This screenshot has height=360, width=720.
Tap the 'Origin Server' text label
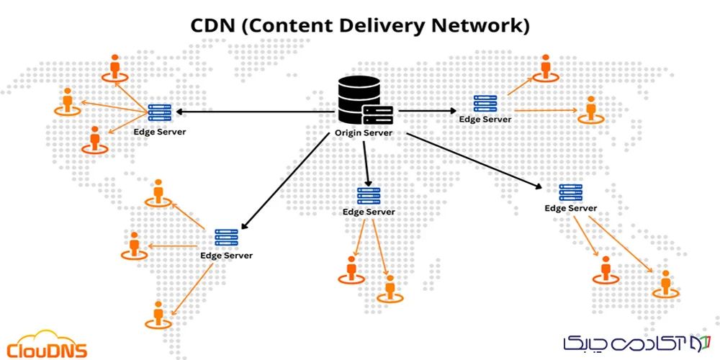click(x=364, y=134)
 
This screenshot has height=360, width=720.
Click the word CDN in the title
click(x=215, y=26)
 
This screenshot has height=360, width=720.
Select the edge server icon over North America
click(x=159, y=112)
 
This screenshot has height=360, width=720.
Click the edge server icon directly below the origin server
click(x=369, y=195)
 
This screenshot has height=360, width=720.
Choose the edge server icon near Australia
click(x=571, y=192)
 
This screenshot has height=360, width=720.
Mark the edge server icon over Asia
click(x=485, y=104)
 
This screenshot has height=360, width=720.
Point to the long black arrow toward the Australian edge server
click(x=475, y=160)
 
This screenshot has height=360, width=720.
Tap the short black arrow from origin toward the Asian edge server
click(x=428, y=111)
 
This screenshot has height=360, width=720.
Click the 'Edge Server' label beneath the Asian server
click(x=485, y=120)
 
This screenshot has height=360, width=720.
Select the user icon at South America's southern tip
click(x=158, y=314)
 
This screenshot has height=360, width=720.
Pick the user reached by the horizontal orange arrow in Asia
click(x=591, y=109)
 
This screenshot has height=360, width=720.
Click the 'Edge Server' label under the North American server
click(x=160, y=132)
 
